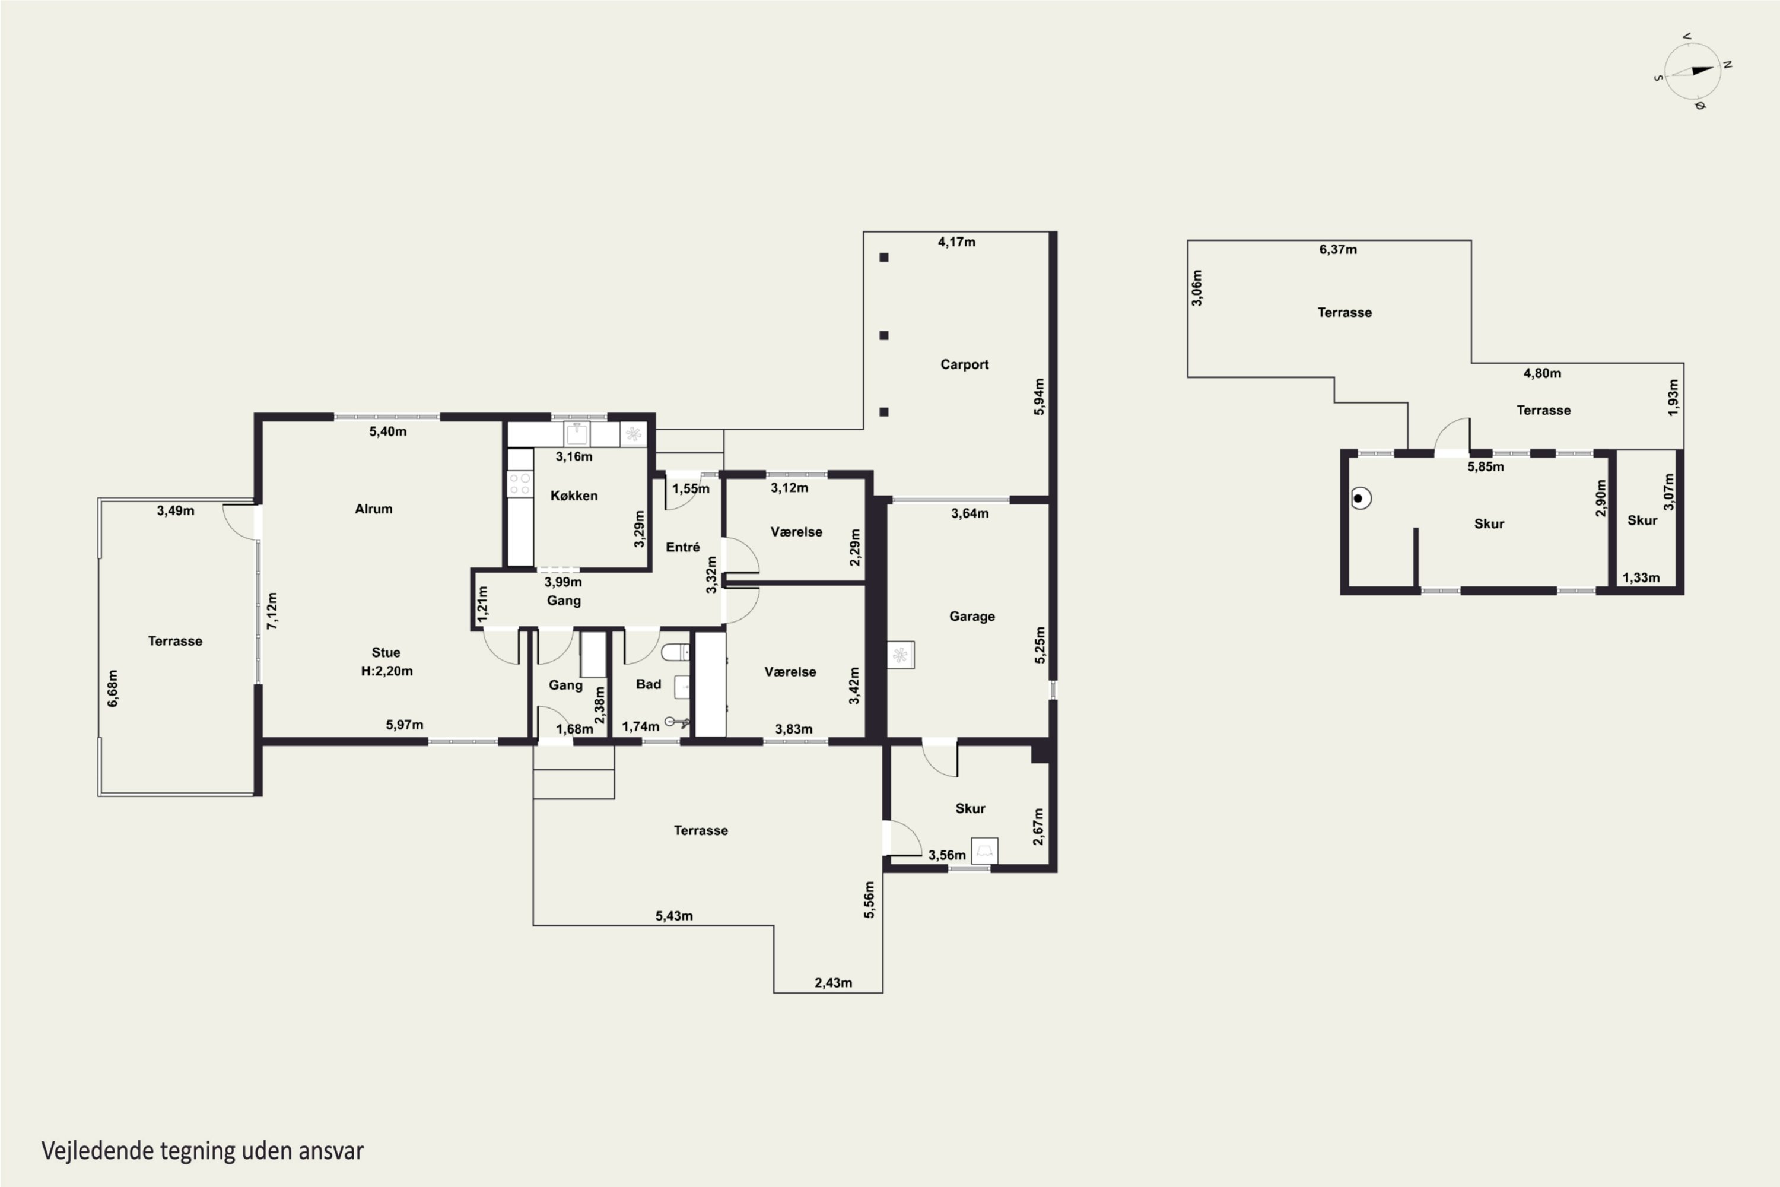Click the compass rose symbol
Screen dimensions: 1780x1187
(1693, 71)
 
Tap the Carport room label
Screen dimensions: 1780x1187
(964, 364)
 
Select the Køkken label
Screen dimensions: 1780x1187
(574, 495)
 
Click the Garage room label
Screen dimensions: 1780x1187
(972, 616)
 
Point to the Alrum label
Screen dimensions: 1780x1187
(373, 509)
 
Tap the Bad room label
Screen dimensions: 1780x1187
(648, 684)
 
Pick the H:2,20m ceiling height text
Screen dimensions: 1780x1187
(387, 671)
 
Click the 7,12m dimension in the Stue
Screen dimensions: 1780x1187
(272, 610)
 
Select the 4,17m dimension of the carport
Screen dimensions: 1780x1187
(956, 242)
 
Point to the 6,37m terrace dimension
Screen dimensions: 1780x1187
(1338, 249)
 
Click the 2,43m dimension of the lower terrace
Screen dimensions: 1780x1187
(833, 983)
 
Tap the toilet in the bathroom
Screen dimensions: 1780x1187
(675, 652)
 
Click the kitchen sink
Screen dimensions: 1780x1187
(577, 434)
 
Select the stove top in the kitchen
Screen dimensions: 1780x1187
(520, 484)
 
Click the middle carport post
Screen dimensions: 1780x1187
(884, 335)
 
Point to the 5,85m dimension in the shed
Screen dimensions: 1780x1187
(1486, 466)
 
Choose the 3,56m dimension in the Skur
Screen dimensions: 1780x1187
(947, 855)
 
